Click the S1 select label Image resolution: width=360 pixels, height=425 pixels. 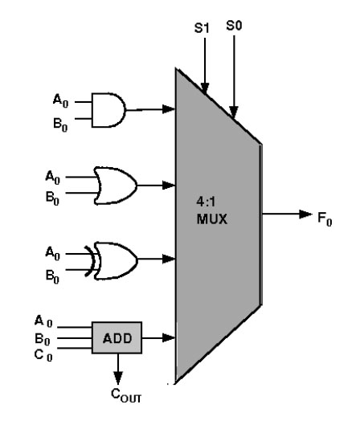pyautogui.click(x=202, y=27)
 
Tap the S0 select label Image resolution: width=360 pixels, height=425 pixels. pyautogui.click(x=234, y=26)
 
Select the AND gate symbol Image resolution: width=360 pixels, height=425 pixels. pyautogui.click(x=108, y=110)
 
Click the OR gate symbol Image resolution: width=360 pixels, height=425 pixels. pyautogui.click(x=115, y=186)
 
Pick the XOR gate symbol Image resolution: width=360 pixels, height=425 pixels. pyautogui.click(x=112, y=261)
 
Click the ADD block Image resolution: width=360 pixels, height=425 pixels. pyautogui.click(x=117, y=337)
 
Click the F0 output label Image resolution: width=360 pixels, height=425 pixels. pyautogui.click(x=325, y=219)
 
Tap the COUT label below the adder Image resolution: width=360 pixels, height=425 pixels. pyautogui.click(x=126, y=395)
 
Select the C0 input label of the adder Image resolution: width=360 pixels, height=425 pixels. pyautogui.click(x=43, y=355)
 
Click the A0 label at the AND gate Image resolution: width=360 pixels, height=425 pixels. pyautogui.click(x=60, y=101)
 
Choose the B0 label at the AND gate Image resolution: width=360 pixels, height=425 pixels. pyautogui.click(x=60, y=125)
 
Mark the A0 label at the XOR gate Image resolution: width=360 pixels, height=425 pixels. pyautogui.click(x=52, y=254)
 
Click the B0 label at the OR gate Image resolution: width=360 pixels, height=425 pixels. pyautogui.click(x=52, y=198)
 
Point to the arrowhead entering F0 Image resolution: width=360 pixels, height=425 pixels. pyautogui.click(x=305, y=215)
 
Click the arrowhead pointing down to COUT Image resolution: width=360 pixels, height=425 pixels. pyautogui.click(x=118, y=378)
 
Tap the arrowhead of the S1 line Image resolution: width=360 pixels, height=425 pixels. pyautogui.click(x=205, y=88)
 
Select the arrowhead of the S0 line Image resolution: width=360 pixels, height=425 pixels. pyautogui.click(x=234, y=112)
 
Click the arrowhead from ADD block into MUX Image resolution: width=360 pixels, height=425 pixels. pyautogui.click(x=169, y=338)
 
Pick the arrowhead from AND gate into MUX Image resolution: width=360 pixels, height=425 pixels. pyautogui.click(x=169, y=109)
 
